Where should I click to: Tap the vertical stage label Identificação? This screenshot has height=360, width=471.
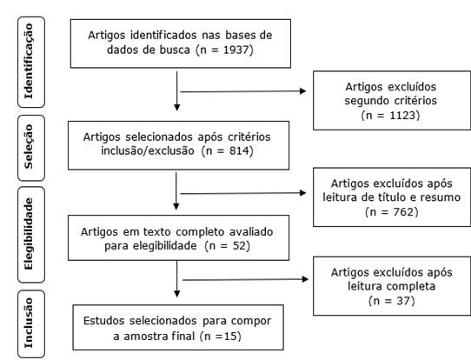(x=29, y=61)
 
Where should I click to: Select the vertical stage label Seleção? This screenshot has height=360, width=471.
(x=29, y=147)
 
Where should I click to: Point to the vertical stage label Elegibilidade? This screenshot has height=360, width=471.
(x=29, y=234)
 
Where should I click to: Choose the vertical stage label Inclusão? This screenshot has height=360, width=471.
(x=29, y=323)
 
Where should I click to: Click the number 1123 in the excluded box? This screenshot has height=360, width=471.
(x=402, y=115)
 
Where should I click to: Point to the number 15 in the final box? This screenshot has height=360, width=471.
(x=230, y=336)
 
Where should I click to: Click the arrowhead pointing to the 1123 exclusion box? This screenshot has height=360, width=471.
(x=302, y=91)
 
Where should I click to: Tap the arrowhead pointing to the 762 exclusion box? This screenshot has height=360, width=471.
(x=302, y=193)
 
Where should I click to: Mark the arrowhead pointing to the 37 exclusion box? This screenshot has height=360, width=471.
(x=305, y=279)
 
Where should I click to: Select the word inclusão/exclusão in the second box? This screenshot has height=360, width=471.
(x=148, y=150)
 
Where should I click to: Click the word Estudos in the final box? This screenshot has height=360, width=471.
(x=103, y=321)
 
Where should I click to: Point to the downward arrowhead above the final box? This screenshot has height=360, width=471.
(x=177, y=293)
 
